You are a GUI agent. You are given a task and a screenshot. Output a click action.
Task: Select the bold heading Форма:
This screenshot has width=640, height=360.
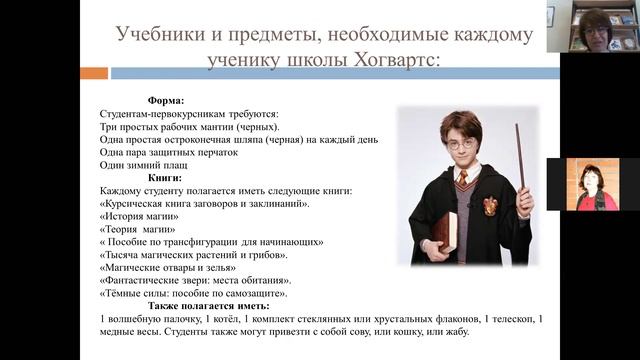pyautogui.click(x=165, y=101)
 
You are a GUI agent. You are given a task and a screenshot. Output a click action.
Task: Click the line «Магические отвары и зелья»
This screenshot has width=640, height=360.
pyautogui.click(x=168, y=267)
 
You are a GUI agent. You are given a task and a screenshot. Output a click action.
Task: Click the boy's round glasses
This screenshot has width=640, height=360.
pyautogui.click(x=459, y=144)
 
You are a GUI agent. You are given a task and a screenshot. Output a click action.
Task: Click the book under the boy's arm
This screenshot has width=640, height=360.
pyautogui.click(x=444, y=231)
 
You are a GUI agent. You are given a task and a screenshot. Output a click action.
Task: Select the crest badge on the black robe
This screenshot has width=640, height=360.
pyautogui.click(x=491, y=206)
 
